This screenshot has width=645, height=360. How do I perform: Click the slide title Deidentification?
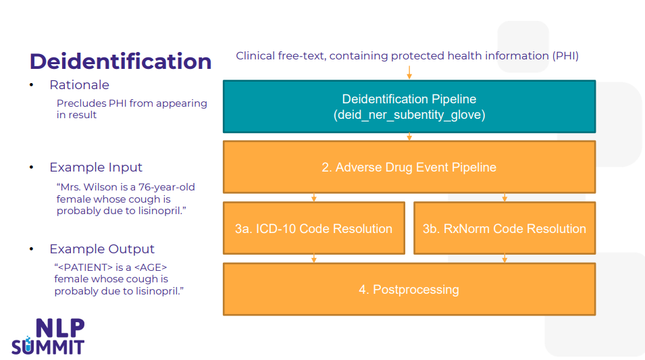point(120,61)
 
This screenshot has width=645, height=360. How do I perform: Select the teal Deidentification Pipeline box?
point(409,107)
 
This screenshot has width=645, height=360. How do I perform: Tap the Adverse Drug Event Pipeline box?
point(409,167)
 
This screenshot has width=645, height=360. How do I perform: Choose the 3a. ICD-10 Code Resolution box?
point(314,228)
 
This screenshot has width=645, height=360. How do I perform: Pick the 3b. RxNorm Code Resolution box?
point(505,228)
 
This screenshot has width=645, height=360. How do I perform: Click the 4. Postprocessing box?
point(409,289)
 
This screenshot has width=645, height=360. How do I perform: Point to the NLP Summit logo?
point(48,336)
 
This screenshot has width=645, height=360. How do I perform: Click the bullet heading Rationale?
point(80,84)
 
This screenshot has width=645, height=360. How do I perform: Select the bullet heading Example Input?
point(96,167)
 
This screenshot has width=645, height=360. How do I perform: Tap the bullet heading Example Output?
point(102,249)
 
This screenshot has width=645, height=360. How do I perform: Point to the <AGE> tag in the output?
point(151,267)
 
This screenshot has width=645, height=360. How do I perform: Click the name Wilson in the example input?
point(101,187)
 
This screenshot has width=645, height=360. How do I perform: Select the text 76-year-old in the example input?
point(167,187)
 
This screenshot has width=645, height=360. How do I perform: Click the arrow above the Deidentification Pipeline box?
point(409,72)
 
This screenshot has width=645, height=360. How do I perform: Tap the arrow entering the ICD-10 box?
point(314,197)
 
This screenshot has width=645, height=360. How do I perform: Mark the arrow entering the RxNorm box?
point(505,197)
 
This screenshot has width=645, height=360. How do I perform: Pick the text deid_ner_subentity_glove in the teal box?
point(409,115)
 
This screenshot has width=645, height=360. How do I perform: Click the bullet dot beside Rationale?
point(32,84)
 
